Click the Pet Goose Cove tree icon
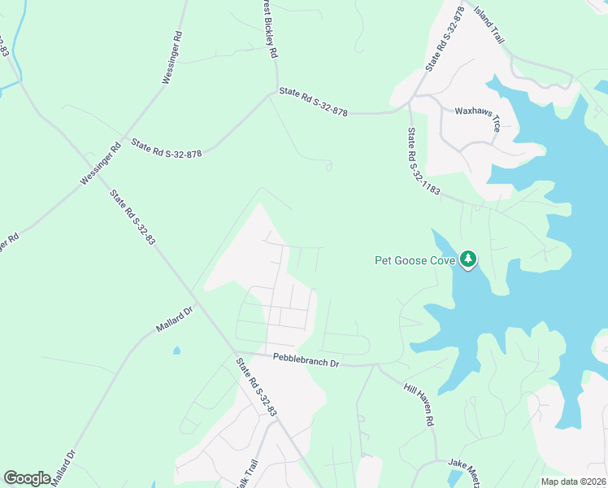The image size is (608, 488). point(467,259)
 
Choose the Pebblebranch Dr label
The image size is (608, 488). point(306,360)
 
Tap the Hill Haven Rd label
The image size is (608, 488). point(420,403)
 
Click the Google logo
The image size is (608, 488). point(28,477)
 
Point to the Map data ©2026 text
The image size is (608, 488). point(572,481)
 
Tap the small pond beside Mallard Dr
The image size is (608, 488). point(176,351)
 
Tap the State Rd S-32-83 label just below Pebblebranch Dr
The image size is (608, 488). point(257,388)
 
